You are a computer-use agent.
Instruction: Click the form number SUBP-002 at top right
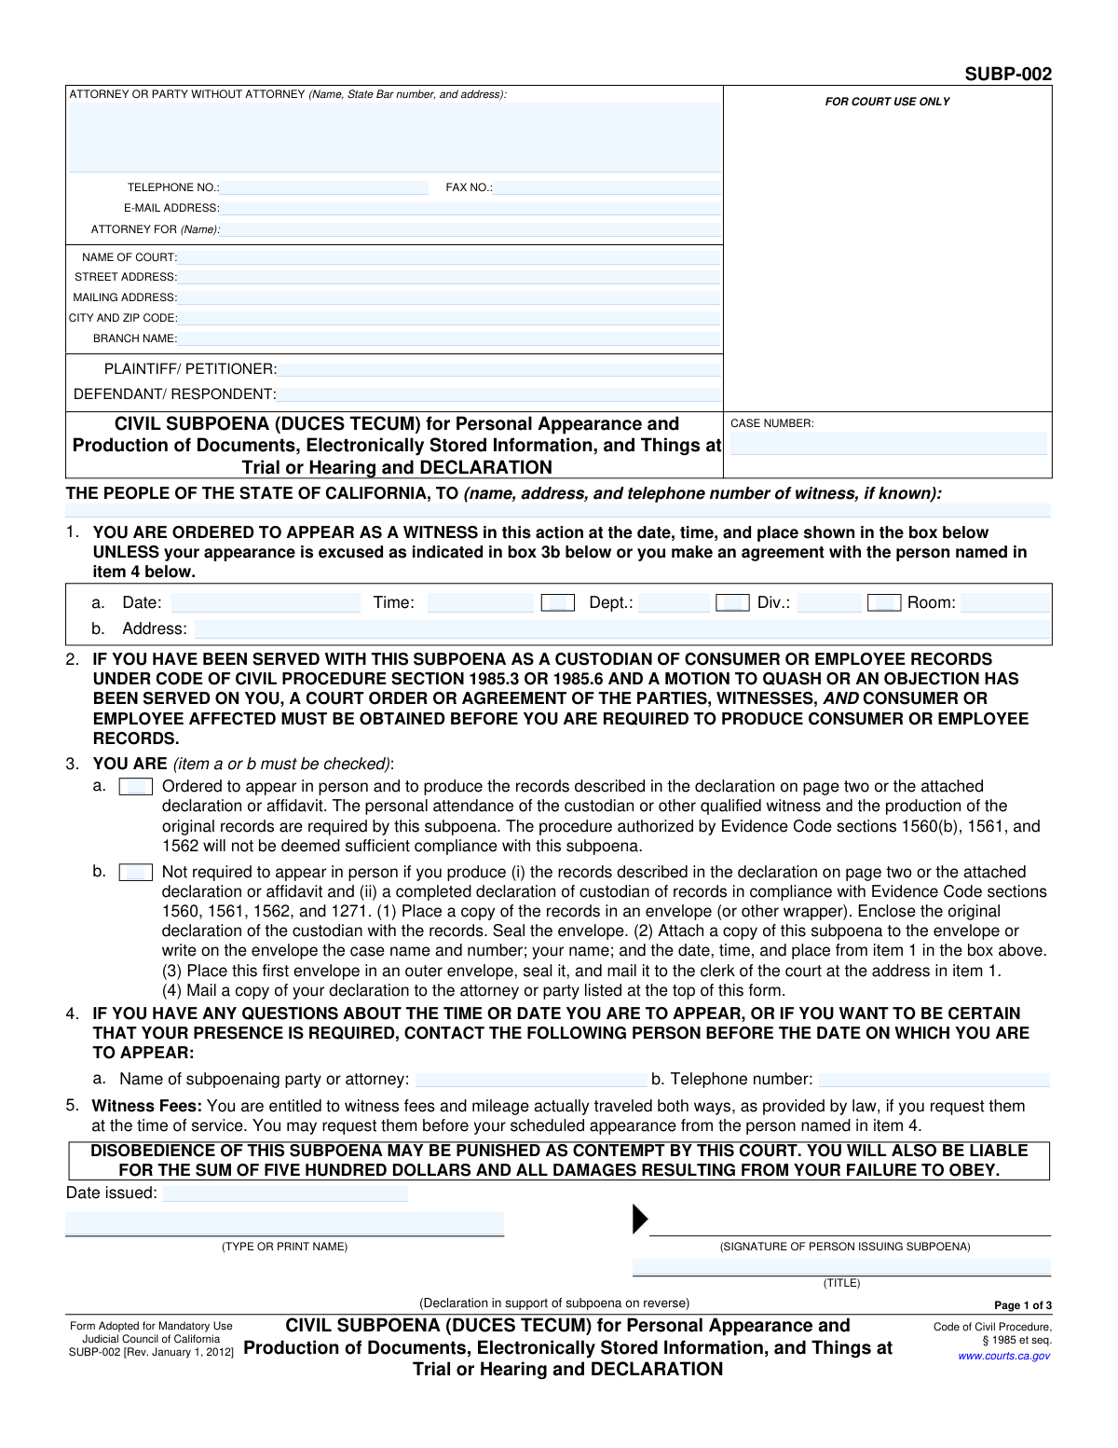1008,75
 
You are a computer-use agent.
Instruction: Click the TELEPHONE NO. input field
324,187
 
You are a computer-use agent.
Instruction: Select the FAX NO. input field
607,187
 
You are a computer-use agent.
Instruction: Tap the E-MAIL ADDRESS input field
470,209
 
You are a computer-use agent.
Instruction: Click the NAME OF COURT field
449,257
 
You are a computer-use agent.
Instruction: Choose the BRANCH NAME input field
449,338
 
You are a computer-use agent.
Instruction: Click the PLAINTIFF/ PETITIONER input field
499,369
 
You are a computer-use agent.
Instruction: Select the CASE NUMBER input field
888,444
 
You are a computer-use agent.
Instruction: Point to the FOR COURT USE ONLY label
887,102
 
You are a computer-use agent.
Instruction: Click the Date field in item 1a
266,603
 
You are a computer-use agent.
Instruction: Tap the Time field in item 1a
480,603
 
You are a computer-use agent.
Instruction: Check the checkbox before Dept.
557,603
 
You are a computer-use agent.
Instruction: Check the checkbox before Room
883,603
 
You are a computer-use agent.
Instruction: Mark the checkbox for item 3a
136,787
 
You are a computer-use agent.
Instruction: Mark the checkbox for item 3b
136,873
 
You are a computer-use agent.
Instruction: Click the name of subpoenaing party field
531,1080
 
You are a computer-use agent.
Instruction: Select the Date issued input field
285,1193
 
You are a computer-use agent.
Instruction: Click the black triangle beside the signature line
639,1220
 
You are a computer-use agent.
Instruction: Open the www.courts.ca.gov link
1003,1356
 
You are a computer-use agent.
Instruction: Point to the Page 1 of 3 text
1023,1305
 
